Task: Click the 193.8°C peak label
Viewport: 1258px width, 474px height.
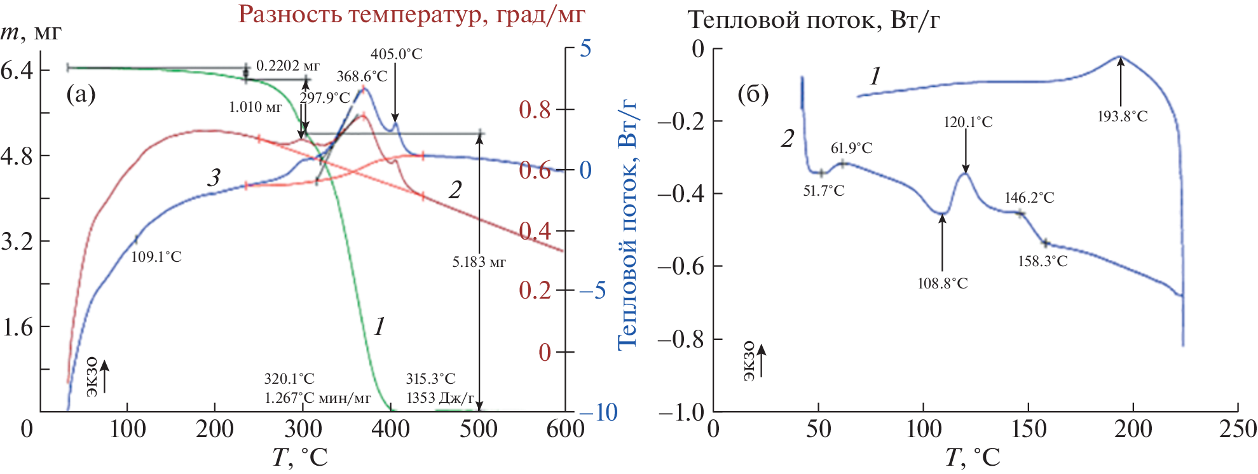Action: coord(1122,116)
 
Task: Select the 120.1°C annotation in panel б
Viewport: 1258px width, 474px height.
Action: coord(967,122)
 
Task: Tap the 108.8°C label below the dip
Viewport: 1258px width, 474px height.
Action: coord(942,283)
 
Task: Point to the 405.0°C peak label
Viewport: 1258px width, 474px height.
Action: coord(396,54)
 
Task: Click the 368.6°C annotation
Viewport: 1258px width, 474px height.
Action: coord(362,76)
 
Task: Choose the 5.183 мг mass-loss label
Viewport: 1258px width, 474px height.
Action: coord(479,262)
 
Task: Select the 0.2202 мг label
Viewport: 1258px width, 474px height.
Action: coord(287,65)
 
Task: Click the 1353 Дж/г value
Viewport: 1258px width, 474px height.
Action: coord(440,398)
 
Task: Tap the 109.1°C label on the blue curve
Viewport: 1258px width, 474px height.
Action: coord(156,257)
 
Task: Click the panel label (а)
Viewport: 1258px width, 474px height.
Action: coord(81,94)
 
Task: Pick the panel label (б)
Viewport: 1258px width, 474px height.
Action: coord(753,94)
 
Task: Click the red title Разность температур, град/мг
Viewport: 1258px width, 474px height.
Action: coord(411,14)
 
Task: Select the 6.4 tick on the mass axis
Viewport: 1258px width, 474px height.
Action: coord(17,70)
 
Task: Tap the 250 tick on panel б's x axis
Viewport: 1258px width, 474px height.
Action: coord(1238,430)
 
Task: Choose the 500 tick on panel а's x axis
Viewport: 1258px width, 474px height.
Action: coord(478,430)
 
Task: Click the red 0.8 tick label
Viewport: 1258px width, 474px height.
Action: coord(534,110)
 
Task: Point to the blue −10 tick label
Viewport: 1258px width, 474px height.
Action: coord(598,412)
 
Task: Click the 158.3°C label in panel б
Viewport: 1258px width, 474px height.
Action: coord(1043,261)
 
